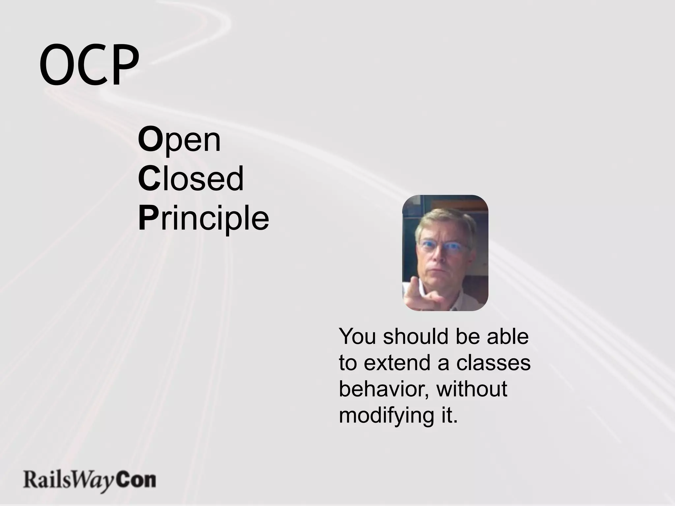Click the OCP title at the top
(89, 64)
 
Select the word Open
(179, 140)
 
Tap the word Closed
(191, 179)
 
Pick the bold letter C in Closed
(149, 179)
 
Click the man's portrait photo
(445, 253)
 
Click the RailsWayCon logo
(89, 481)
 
